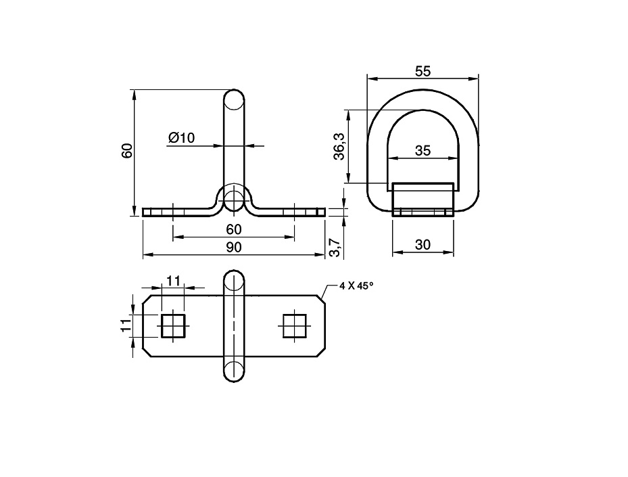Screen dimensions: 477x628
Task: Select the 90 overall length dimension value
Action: coord(233,247)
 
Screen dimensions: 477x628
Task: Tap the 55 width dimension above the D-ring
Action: coord(423,70)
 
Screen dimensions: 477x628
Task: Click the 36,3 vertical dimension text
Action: coord(339,146)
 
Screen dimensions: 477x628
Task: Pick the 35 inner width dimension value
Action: coord(422,151)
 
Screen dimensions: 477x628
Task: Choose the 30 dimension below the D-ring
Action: coord(422,245)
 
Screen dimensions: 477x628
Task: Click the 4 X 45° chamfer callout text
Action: coord(356,286)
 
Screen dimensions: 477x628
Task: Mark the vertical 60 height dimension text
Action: coord(126,151)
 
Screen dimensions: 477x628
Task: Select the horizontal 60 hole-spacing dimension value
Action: coord(233,229)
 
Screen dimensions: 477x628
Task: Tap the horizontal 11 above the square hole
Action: coord(173,281)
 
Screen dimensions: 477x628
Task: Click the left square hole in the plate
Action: coord(173,326)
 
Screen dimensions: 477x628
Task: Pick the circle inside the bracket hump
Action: coord(234,200)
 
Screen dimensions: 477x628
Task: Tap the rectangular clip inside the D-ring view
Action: coord(422,199)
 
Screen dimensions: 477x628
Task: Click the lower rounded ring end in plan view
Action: coord(234,371)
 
